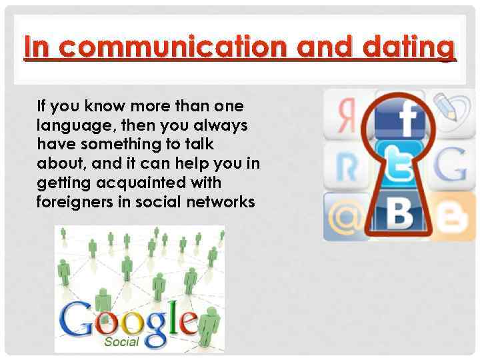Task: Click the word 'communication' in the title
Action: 171,48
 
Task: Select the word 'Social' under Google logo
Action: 121,341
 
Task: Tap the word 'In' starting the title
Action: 36,48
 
